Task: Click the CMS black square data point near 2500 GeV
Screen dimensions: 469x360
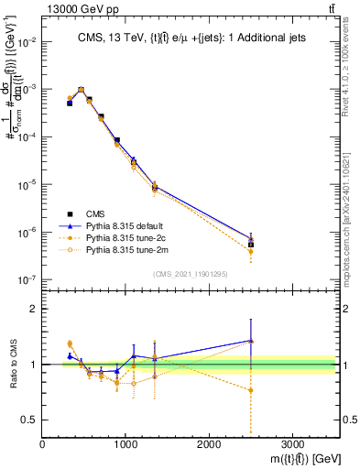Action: point(251,245)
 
